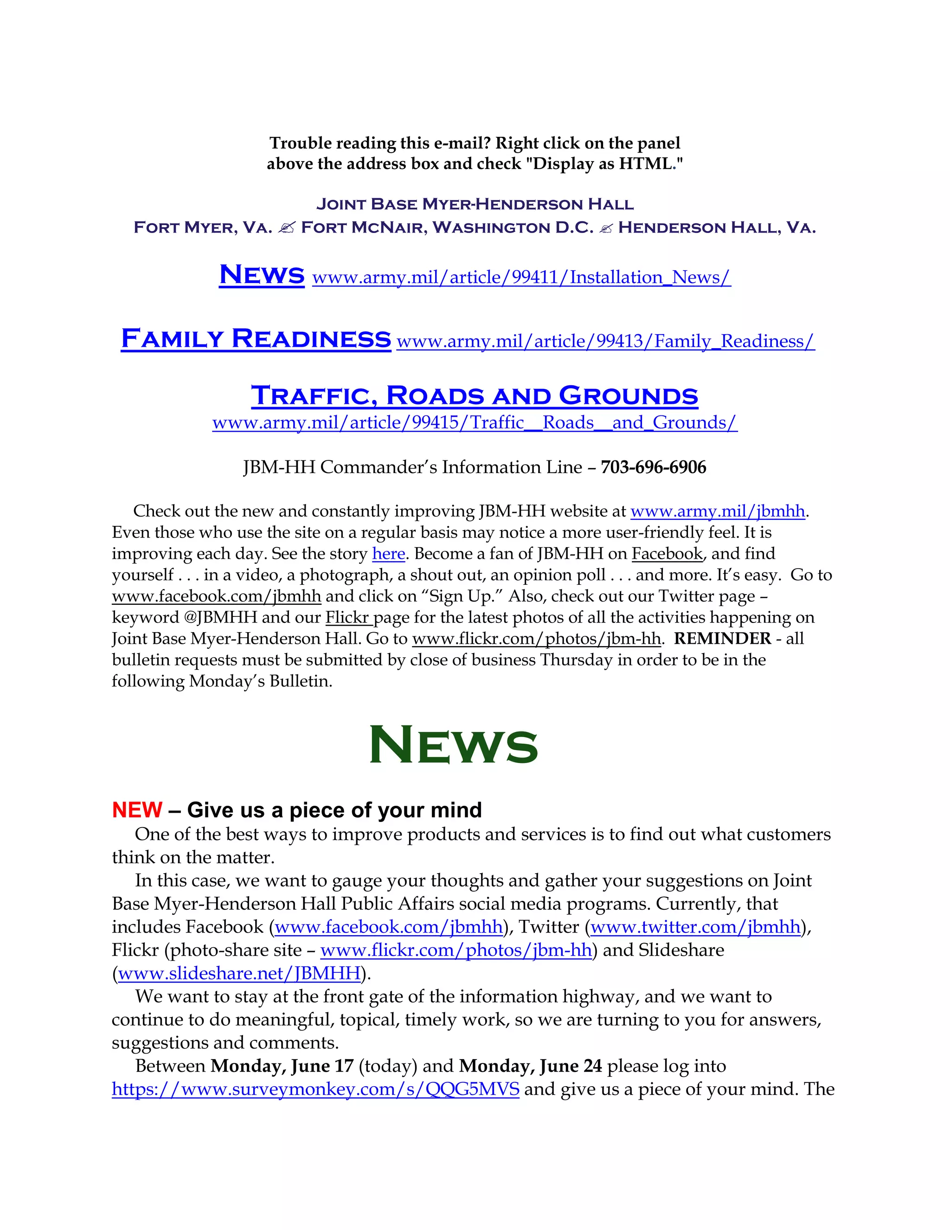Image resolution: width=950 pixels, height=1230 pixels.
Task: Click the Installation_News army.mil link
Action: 521,277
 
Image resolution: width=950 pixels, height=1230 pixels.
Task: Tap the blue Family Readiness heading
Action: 256,339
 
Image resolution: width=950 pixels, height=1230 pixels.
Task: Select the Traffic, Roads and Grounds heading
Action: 475,395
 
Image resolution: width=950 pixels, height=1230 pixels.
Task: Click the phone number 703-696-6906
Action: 653,467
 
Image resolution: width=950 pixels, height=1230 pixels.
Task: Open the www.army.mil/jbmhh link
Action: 718,511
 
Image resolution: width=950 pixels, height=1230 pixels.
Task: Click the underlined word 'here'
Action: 388,554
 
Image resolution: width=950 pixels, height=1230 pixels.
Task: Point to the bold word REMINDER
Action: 723,638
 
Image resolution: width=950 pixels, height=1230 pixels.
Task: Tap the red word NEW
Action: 137,810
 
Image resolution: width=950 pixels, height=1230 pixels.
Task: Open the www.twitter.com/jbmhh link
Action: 695,927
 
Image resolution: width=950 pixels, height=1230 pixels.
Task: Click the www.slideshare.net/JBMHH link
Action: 239,973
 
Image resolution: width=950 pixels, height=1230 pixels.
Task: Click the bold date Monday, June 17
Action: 282,1066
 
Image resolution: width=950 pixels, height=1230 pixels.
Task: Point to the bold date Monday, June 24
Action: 530,1066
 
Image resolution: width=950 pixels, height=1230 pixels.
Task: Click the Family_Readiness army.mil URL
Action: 605,341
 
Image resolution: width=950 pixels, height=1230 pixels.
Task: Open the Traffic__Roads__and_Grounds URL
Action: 475,422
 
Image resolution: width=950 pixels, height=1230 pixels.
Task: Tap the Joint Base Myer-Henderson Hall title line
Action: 475,204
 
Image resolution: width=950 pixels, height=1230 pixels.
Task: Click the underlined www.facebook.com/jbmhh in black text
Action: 216,596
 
